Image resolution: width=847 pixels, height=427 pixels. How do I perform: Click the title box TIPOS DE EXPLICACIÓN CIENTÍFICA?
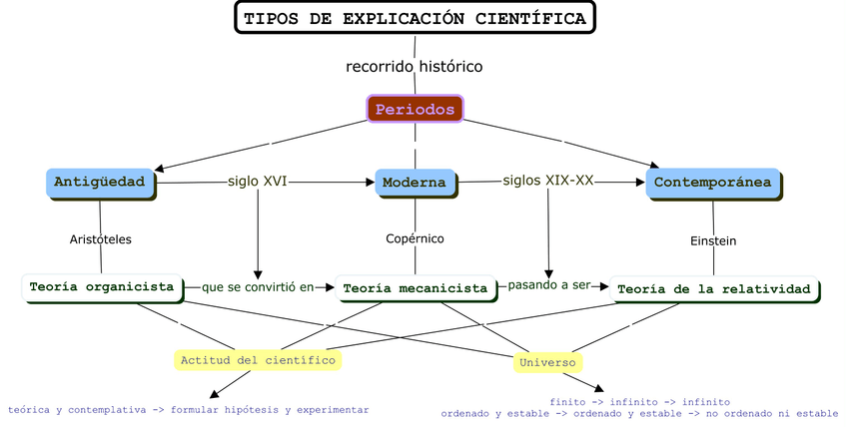(415, 18)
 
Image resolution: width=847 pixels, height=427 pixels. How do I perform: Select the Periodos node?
(415, 109)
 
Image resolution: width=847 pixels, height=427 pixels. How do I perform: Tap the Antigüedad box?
(100, 183)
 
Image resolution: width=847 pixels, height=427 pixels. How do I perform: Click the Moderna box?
(415, 184)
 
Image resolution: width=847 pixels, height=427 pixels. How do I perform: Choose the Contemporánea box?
(712, 184)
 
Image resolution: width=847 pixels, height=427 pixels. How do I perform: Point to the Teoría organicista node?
(101, 287)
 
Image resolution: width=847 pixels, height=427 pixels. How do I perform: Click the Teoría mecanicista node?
(415, 288)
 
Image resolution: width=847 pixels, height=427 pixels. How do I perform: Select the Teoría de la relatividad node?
(713, 289)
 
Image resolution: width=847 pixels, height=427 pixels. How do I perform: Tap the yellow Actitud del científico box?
(258, 360)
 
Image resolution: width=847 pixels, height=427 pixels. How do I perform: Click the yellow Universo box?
(546, 362)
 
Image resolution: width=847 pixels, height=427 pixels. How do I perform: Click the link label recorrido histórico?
(415, 67)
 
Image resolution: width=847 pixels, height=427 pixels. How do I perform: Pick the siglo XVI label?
(257, 182)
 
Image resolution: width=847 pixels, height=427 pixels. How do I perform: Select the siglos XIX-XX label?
(547, 181)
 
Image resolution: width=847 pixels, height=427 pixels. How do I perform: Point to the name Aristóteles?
(101, 239)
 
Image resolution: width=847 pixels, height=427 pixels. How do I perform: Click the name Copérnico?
(415, 238)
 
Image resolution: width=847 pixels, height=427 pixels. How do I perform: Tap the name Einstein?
(713, 240)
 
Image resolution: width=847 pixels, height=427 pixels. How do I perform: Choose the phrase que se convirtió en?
(257, 287)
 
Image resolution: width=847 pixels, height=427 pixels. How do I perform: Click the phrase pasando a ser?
(548, 285)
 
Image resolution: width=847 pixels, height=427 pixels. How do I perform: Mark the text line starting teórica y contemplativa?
(189, 410)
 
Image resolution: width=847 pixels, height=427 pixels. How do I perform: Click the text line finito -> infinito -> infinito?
(639, 402)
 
